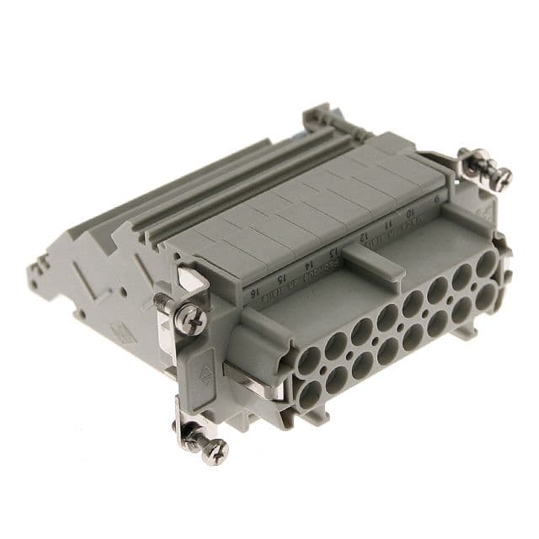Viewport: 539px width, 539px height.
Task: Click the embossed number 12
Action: (x=366, y=237)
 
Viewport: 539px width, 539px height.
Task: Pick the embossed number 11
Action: (x=388, y=226)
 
